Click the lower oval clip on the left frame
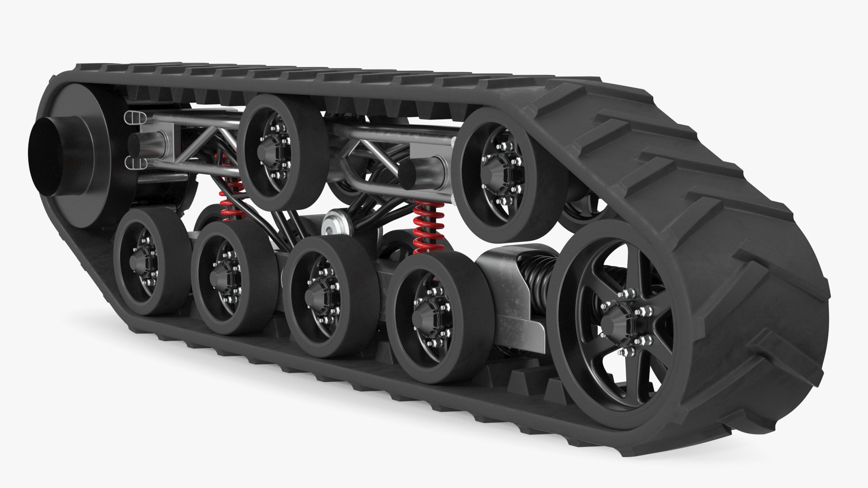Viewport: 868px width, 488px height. click(134, 164)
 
